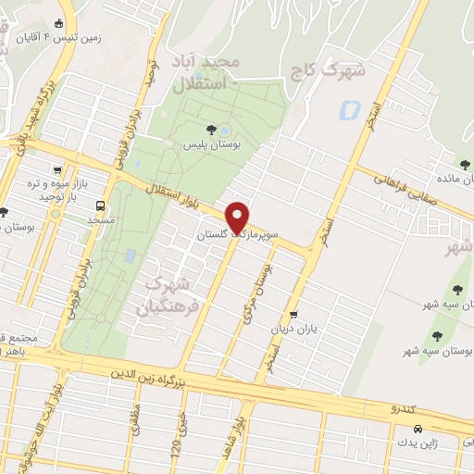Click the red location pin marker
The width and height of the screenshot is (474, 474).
[238, 218]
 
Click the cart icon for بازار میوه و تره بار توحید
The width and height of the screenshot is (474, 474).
[59, 170]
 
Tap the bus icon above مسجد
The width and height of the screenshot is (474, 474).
[100, 206]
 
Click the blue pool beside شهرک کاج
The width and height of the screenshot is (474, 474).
[350, 111]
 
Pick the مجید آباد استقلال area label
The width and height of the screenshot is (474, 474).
[220, 73]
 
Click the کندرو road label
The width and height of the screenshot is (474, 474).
[406, 407]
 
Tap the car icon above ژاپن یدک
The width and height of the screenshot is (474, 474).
[418, 429]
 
